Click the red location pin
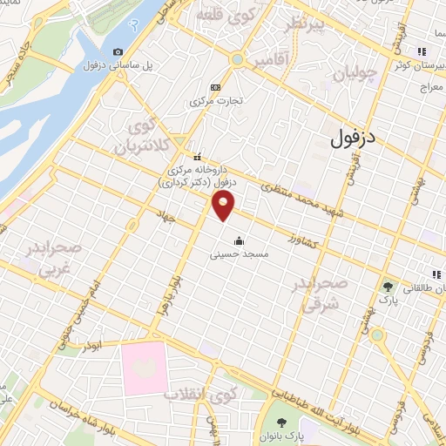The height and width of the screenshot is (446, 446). (224, 206)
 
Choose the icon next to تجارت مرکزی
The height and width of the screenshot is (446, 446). (215, 87)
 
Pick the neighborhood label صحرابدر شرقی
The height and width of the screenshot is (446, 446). (324, 295)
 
